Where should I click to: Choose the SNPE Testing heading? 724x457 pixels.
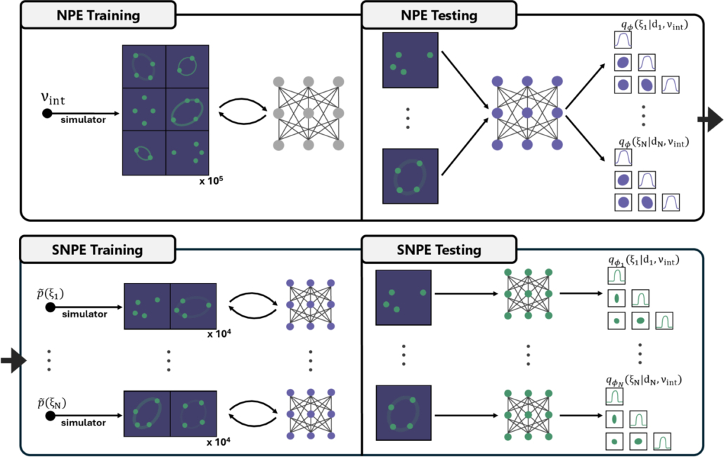[x=429, y=250]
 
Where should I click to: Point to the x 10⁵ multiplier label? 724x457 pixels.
[x=211, y=182]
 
